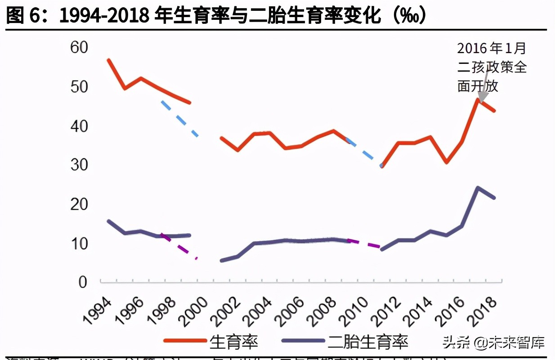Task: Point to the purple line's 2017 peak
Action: point(478,188)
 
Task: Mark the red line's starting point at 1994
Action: point(108,60)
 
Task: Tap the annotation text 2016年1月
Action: point(491,48)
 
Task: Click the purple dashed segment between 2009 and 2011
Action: point(365,243)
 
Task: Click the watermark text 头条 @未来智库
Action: point(493,342)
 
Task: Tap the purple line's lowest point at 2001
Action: point(222,261)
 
